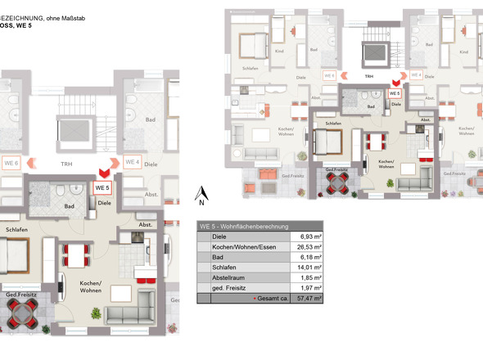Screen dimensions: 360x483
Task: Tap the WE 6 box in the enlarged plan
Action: (11, 162)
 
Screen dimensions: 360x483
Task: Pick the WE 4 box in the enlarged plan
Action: (132, 161)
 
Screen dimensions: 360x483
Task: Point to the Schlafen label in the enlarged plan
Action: (16, 230)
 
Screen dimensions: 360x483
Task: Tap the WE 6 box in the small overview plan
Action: (329, 75)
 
